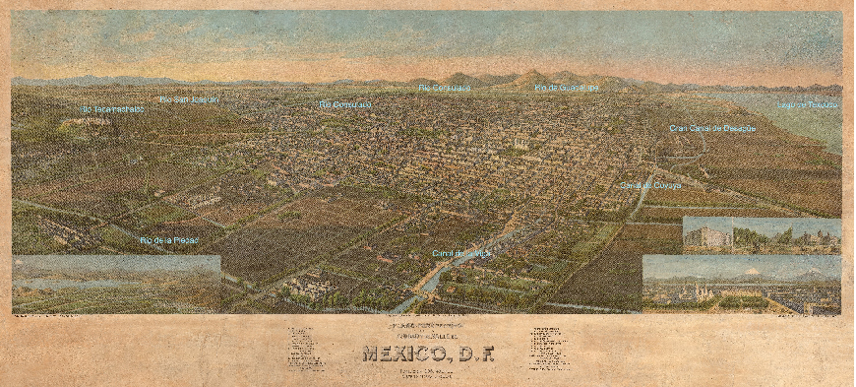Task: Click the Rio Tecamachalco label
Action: [x=111, y=109]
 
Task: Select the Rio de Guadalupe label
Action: [x=566, y=88]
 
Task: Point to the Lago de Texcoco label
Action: [x=807, y=103]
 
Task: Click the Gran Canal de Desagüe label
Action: [x=712, y=128]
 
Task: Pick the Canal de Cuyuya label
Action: [x=651, y=185]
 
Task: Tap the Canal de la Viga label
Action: [x=460, y=253]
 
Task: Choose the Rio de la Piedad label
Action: [x=169, y=240]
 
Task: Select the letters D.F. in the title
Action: [x=471, y=353]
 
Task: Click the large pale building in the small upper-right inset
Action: [x=709, y=236]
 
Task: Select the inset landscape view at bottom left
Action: [x=116, y=284]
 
